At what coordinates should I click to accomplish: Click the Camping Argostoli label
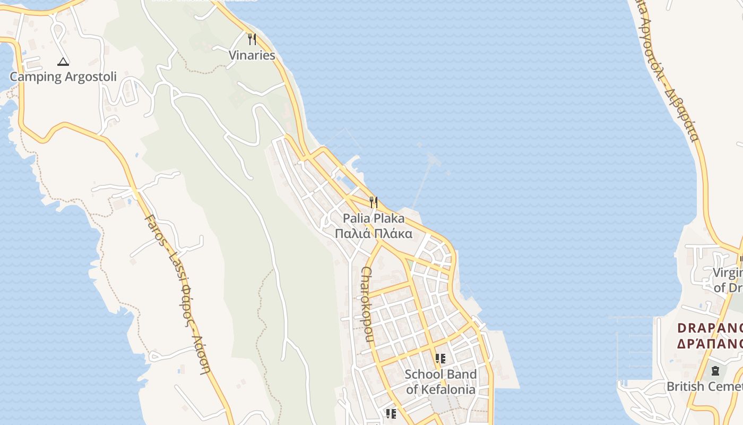pos(63,76)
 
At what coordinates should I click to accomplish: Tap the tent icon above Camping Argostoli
pos(63,62)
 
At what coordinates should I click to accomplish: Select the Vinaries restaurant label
pos(252,55)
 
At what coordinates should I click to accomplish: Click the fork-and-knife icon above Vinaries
pos(252,39)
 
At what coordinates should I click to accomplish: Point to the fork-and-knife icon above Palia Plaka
pos(374,202)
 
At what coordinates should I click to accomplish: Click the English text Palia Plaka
pos(374,218)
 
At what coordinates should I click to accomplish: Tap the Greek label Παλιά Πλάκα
pos(374,233)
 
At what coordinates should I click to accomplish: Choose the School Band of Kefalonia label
pos(441,381)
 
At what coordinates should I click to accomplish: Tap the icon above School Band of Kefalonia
pos(440,359)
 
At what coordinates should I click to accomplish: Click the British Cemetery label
pos(705,386)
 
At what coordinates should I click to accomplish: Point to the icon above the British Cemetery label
pos(715,370)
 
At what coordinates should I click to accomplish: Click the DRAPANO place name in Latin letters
pos(710,328)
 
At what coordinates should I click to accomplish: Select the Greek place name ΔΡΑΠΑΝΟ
pos(710,343)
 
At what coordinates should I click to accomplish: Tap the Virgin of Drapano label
pos(728,280)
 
